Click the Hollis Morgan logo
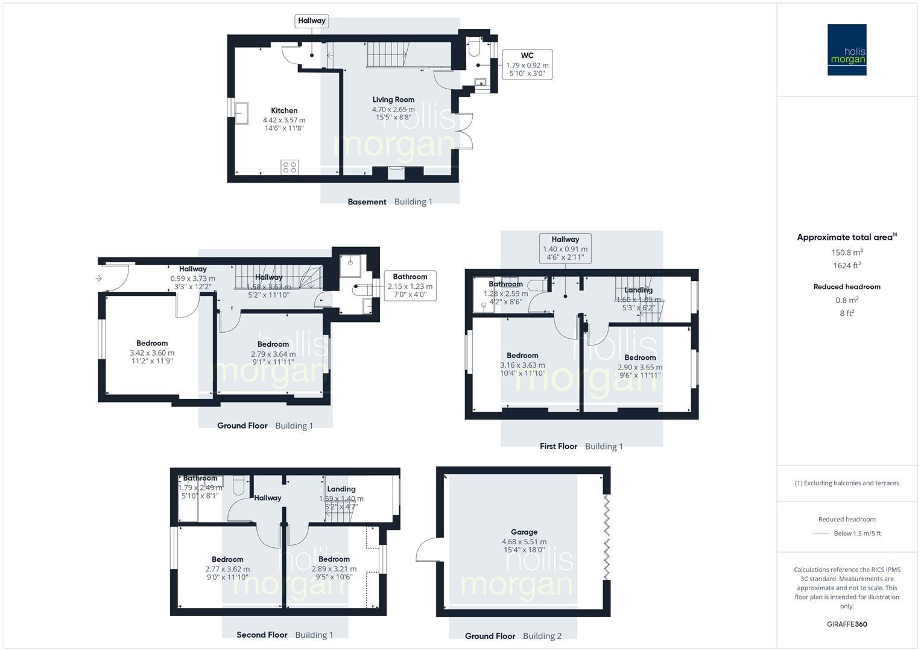[x=847, y=49]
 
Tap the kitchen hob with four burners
[x=290, y=167]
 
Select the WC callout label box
[x=527, y=64]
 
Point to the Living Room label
[x=393, y=99]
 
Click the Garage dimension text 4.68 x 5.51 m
[x=524, y=541]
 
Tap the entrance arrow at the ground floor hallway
[x=98, y=278]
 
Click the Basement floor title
[x=367, y=202]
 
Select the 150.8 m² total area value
[x=847, y=253]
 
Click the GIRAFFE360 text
[x=847, y=624]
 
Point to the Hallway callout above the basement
[x=311, y=21]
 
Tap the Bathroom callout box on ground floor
[x=410, y=286]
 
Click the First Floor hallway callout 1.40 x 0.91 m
[x=565, y=248]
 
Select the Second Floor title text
[x=262, y=635]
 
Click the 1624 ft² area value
[x=847, y=265]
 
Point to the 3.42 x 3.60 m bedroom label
[x=152, y=353]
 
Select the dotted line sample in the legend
[x=821, y=533]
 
